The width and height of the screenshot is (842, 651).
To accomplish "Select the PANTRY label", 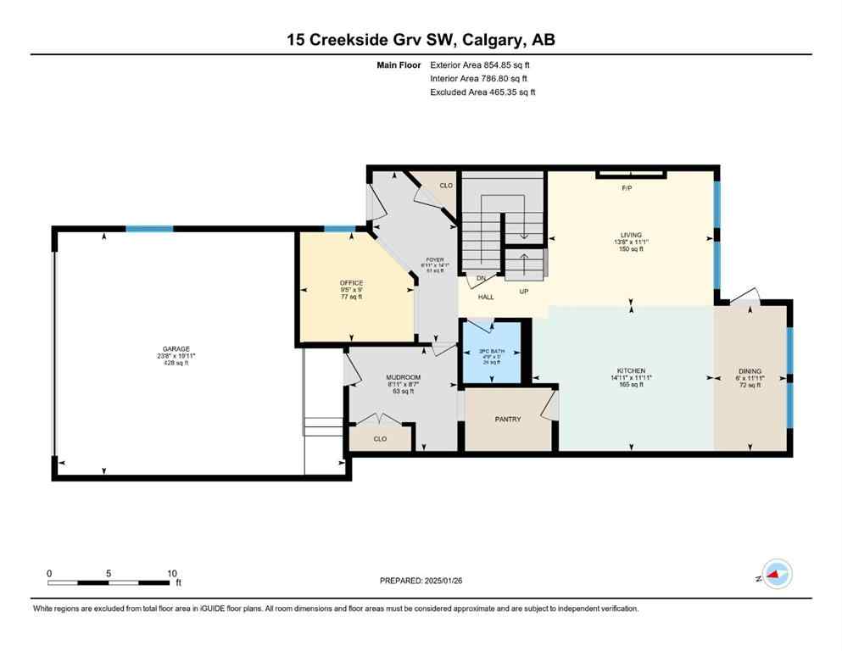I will click(507, 420).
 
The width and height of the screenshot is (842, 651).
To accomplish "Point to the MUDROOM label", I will click(403, 377).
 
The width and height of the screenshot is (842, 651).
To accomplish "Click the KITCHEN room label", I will click(631, 371).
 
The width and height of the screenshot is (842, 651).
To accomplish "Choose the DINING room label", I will click(750, 371).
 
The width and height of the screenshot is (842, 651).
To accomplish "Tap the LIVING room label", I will click(631, 235).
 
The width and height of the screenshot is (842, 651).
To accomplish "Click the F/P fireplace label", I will click(627, 188).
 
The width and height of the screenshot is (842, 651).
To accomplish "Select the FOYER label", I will click(434, 260).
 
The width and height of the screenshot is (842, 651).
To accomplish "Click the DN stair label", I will click(480, 279).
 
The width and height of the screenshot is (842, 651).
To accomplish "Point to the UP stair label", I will click(523, 291).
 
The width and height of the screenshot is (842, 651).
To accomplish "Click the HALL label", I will click(486, 298).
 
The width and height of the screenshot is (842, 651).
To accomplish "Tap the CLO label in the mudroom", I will click(380, 439).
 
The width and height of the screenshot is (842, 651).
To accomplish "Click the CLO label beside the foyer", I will click(446, 185).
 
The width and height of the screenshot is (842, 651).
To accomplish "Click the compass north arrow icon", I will click(776, 575).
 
